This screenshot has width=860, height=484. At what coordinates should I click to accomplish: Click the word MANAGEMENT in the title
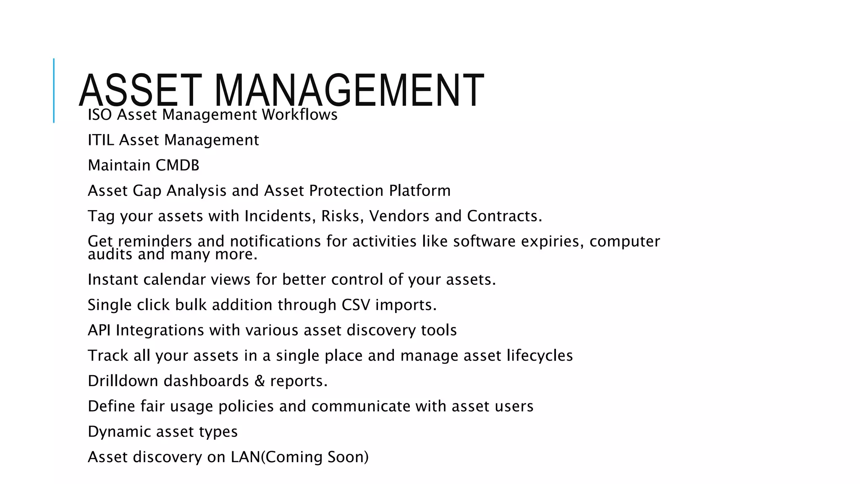[x=349, y=90]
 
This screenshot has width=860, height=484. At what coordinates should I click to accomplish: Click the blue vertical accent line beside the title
[x=54, y=90]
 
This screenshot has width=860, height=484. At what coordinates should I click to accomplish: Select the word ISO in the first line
[x=100, y=115]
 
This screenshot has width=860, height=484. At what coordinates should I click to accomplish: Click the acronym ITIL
[x=101, y=140]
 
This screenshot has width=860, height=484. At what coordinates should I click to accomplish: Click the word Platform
[x=420, y=191]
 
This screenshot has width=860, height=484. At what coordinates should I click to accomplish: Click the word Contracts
[x=504, y=216]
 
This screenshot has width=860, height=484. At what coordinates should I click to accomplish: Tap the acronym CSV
[x=356, y=305]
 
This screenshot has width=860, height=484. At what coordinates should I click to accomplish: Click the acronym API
[x=99, y=330]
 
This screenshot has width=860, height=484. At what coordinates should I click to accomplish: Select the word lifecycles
[x=539, y=356]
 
